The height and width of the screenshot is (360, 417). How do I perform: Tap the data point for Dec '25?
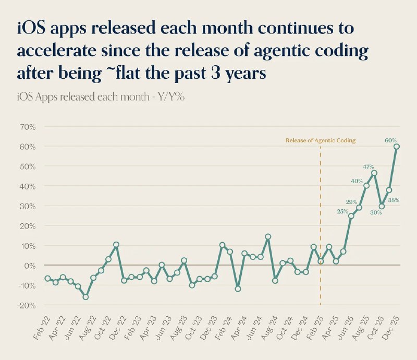pos(396,147)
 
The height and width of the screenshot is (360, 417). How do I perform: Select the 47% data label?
pos(369,166)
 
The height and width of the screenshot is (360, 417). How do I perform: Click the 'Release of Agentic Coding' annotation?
pos(320,140)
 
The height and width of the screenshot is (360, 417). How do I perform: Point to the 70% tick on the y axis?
pos(28,127)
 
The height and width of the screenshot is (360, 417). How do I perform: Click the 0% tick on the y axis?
pos(29,266)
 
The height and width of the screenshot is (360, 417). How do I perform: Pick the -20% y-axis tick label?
pos(27,305)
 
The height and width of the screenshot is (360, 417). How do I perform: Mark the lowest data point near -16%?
pos(85,297)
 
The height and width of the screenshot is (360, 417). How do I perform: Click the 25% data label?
pos(342,211)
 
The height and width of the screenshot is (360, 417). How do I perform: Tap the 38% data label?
pos(394,200)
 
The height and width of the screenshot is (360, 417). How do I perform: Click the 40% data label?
pos(357,181)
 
